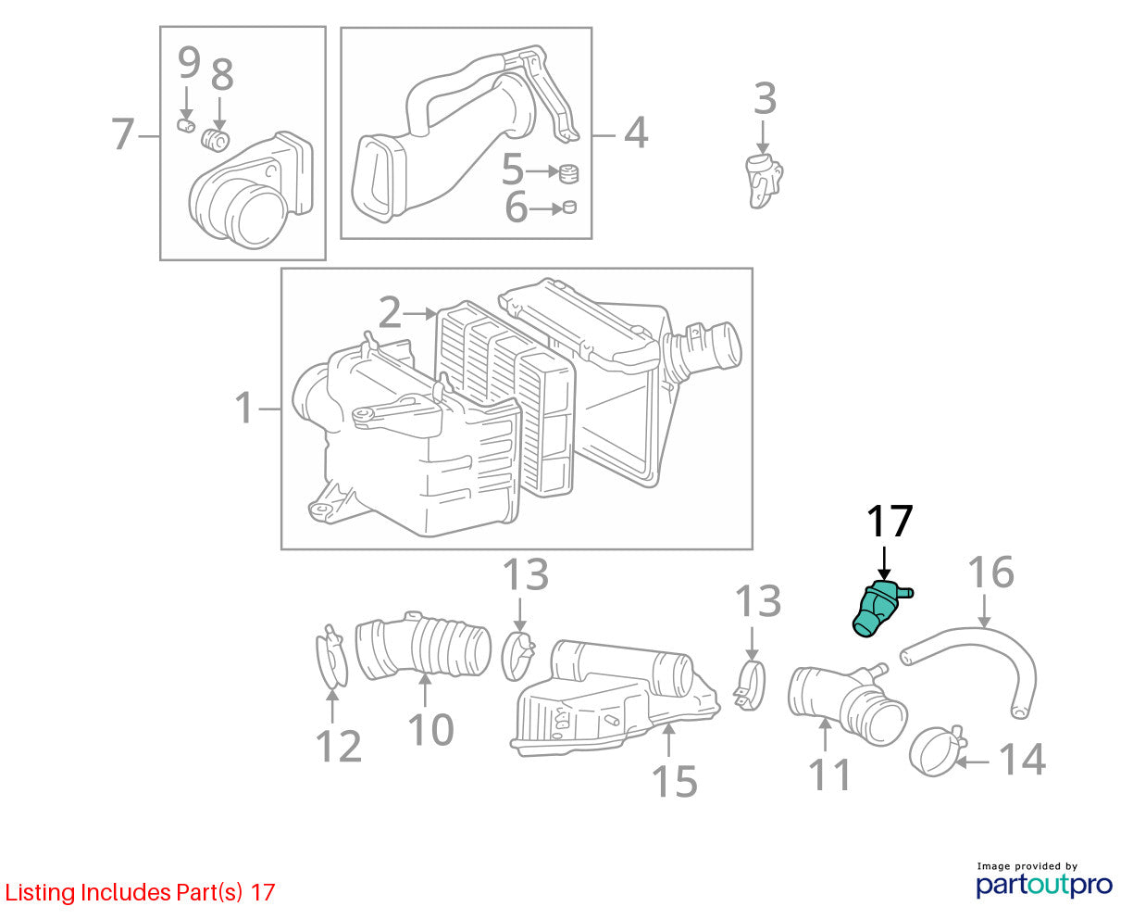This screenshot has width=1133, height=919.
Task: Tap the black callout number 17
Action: point(890,521)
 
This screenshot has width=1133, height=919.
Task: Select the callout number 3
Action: point(765,98)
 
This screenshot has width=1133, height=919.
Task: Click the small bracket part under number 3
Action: point(765,180)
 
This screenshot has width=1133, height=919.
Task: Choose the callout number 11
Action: point(829,775)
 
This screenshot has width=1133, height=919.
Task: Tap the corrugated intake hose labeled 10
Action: point(422,646)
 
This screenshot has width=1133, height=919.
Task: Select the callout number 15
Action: point(674,782)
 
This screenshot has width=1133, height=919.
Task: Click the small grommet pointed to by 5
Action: point(568,172)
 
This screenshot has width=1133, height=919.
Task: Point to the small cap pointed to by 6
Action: point(569,208)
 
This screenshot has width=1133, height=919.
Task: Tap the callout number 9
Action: point(189,62)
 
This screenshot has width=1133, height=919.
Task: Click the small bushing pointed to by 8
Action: point(215,140)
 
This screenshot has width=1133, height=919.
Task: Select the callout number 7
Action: point(123,133)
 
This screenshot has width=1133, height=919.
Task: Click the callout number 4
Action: point(636,132)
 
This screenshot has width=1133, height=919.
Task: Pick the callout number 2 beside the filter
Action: point(390,312)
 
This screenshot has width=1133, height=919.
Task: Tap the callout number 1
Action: point(243,408)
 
